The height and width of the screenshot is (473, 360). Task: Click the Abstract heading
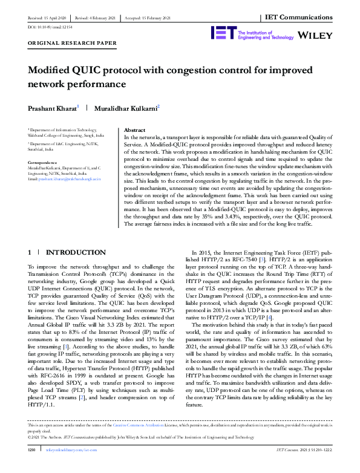pos(134,130)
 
